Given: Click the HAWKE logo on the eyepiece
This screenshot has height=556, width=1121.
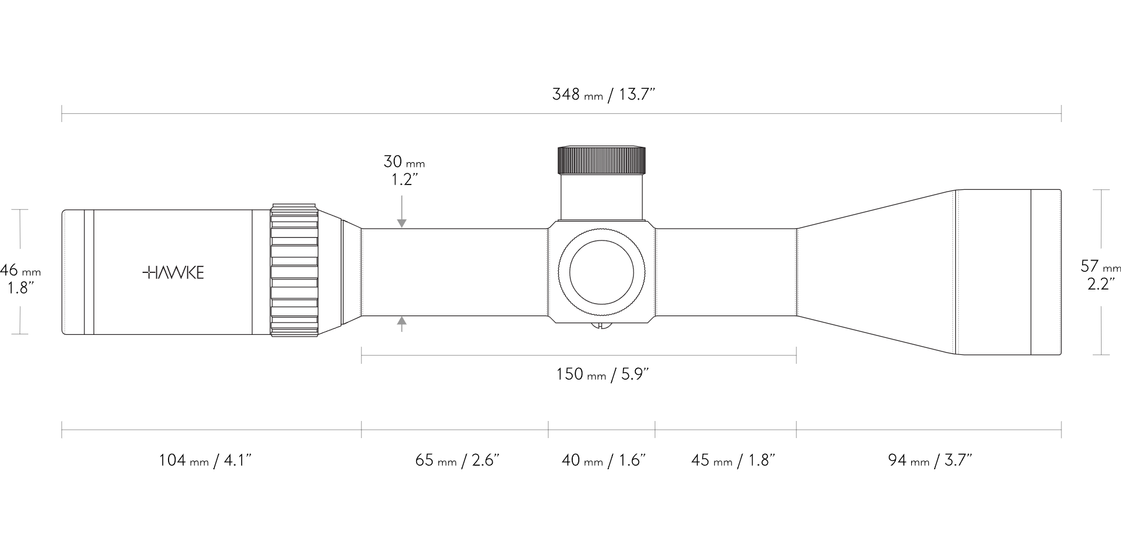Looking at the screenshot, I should [173, 272].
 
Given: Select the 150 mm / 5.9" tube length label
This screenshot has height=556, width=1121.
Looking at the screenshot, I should [602, 374].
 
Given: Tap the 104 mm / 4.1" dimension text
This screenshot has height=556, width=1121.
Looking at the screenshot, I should [205, 460].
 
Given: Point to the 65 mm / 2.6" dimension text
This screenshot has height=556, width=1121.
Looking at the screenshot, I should [457, 460].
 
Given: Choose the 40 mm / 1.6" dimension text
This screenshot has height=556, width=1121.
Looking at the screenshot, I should [604, 460].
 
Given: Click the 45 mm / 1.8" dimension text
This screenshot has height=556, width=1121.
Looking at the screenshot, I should [733, 460].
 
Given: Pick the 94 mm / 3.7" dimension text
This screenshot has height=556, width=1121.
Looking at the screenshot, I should [929, 460].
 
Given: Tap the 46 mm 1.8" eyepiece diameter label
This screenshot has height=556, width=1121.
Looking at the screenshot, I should [20, 279].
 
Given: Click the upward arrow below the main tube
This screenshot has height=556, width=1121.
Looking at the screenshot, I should [402, 322].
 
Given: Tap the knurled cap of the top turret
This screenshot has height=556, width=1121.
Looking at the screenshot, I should [602, 159].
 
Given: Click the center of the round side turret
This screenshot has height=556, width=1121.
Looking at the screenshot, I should [602, 272].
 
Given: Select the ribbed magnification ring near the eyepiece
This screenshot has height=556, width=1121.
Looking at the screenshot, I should [294, 271].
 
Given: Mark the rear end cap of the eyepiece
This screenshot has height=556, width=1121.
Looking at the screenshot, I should [73, 272].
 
